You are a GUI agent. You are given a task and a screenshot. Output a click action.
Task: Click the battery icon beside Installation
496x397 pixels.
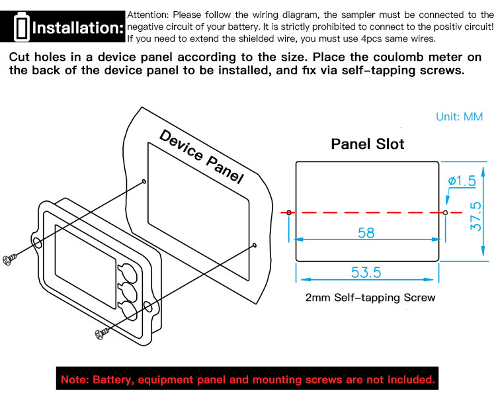22,27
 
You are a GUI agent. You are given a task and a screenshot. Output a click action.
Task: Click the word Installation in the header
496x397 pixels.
77,28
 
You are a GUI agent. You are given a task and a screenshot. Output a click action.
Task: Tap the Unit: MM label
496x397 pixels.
460,117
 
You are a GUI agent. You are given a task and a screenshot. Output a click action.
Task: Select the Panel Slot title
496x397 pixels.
368,144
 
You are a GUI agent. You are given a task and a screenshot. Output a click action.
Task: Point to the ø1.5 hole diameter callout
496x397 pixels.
462,181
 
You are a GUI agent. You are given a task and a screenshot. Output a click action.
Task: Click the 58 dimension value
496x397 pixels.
366,233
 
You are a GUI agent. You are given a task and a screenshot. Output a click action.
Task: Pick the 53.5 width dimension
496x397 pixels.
366,273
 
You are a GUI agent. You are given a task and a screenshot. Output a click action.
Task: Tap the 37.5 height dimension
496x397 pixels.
475,216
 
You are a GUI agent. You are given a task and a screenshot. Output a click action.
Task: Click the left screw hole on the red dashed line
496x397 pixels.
289,212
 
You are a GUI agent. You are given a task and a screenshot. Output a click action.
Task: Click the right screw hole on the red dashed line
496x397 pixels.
445,212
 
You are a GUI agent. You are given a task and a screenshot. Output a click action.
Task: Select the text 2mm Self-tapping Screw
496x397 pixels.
370,298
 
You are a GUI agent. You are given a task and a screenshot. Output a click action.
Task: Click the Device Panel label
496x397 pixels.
202,156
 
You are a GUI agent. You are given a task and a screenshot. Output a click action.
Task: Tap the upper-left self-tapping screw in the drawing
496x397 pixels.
9,259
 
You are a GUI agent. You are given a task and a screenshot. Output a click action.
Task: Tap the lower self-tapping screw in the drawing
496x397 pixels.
102,333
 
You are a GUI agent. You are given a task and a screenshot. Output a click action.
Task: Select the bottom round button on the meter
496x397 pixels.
127,311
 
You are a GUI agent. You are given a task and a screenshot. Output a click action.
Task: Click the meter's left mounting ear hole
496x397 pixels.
37,243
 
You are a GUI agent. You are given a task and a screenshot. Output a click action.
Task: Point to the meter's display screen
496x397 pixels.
85,267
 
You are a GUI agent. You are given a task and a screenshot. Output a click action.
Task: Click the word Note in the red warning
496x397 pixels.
72,379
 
